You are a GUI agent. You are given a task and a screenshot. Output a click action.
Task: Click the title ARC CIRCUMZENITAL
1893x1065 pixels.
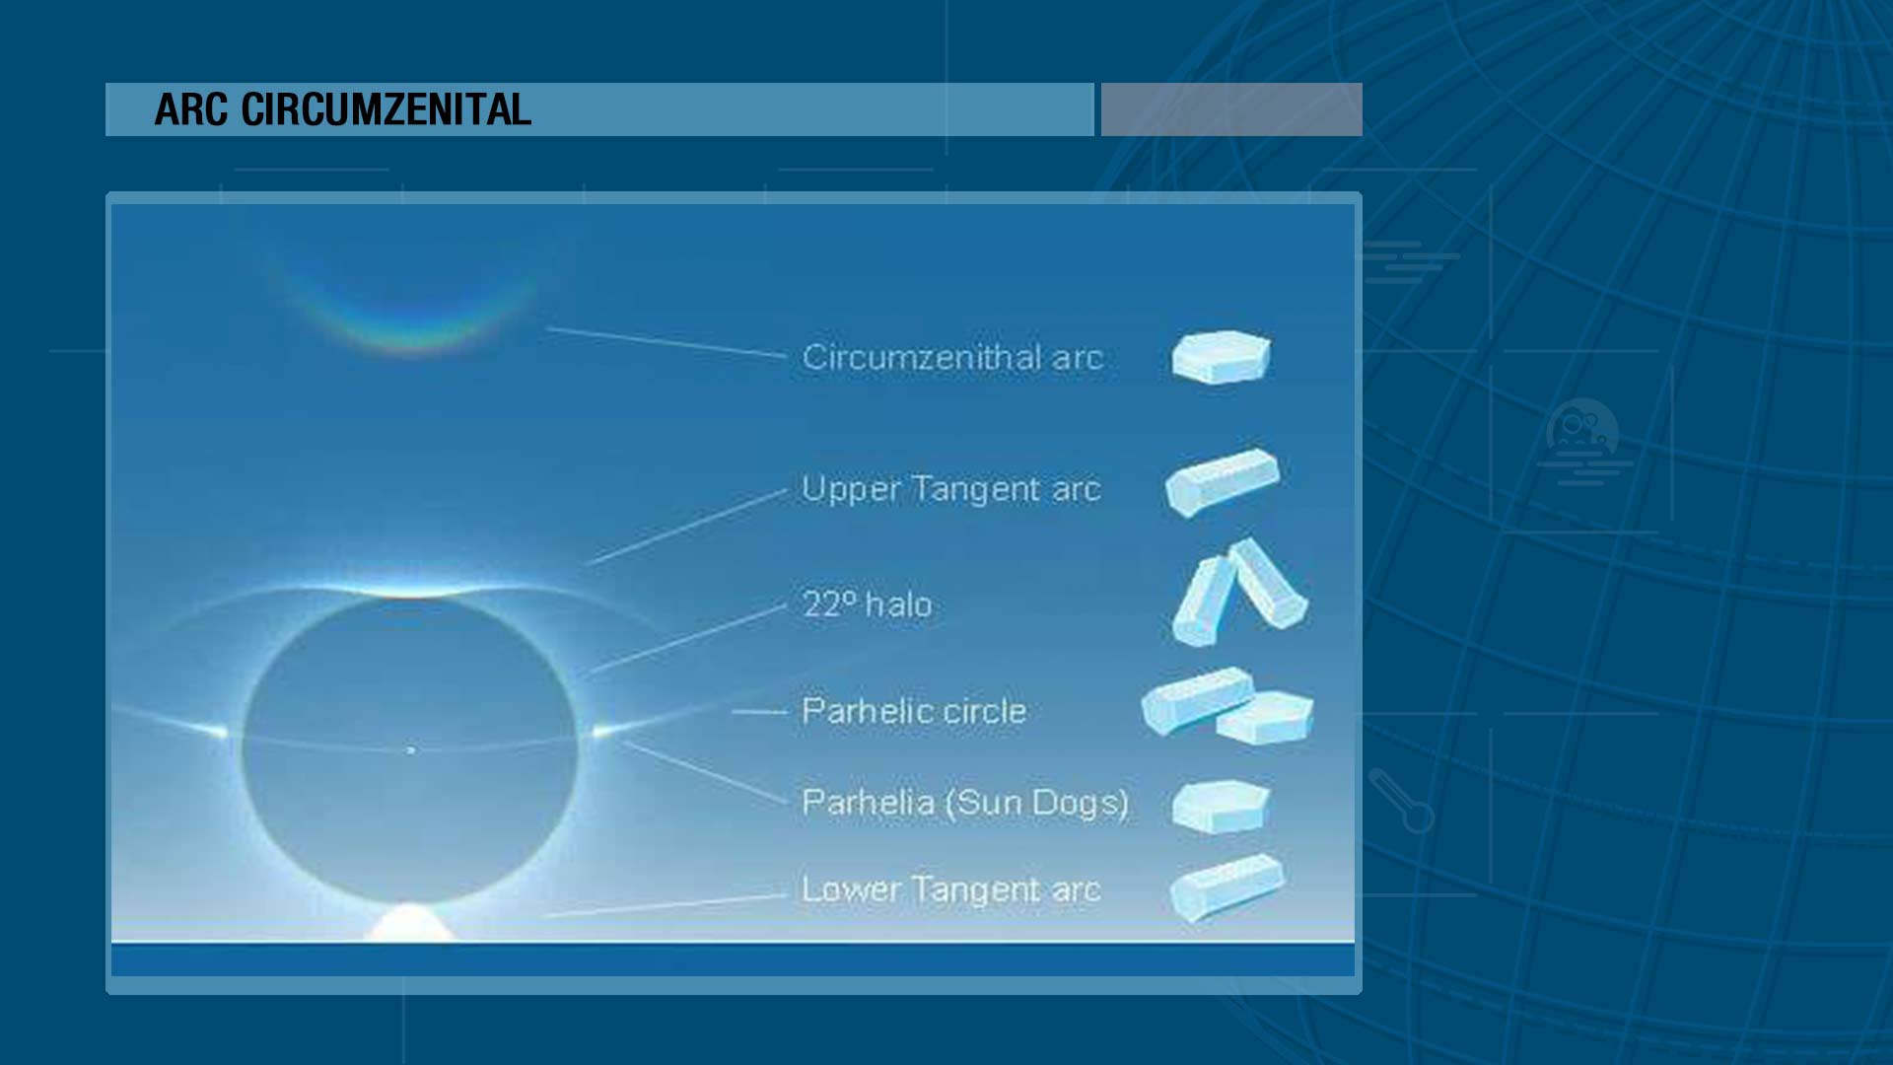(x=343, y=109)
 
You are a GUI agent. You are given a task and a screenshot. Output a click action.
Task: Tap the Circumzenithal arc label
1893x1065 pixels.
(x=952, y=357)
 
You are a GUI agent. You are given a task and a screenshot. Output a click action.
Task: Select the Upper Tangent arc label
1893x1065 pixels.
(x=951, y=489)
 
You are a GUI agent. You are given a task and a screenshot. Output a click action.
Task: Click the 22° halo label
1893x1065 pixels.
(x=867, y=603)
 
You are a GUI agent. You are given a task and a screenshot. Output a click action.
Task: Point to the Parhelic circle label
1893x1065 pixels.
(x=914, y=711)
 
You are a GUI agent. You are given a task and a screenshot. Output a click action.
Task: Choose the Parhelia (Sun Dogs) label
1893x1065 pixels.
(x=965, y=803)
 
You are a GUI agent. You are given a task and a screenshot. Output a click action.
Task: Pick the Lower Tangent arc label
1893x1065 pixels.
(x=951, y=889)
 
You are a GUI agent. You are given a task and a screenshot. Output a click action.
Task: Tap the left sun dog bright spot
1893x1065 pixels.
(x=216, y=731)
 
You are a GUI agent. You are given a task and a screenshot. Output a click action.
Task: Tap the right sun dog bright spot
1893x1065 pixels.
(x=600, y=731)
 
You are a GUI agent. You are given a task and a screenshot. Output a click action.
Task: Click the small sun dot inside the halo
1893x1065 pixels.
(x=411, y=750)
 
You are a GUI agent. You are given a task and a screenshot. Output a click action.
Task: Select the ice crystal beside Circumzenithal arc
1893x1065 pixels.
(x=1221, y=357)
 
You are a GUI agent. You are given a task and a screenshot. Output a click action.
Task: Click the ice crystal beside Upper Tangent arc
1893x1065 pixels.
(x=1223, y=481)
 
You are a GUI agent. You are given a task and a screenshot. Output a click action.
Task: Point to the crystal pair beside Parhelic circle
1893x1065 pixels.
(x=1227, y=705)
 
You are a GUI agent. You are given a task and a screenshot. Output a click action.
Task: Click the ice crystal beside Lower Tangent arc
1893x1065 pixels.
(x=1227, y=887)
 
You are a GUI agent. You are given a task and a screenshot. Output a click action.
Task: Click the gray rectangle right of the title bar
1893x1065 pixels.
(x=1231, y=109)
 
